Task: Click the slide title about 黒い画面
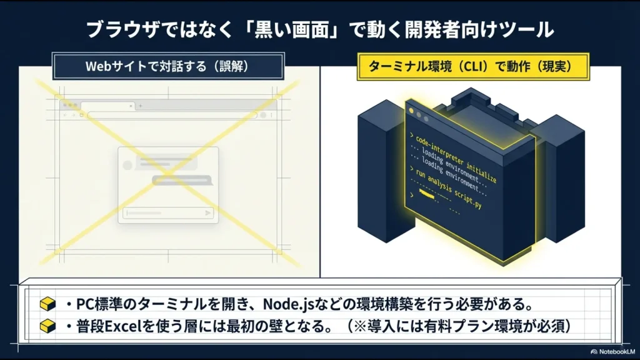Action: (x=319, y=29)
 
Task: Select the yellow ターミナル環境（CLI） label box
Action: (x=473, y=65)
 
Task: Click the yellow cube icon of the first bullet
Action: (x=47, y=305)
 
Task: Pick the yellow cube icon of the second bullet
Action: (x=47, y=326)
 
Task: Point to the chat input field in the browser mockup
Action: (x=166, y=213)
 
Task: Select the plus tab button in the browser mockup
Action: (x=140, y=106)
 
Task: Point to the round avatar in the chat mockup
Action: (x=128, y=164)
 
